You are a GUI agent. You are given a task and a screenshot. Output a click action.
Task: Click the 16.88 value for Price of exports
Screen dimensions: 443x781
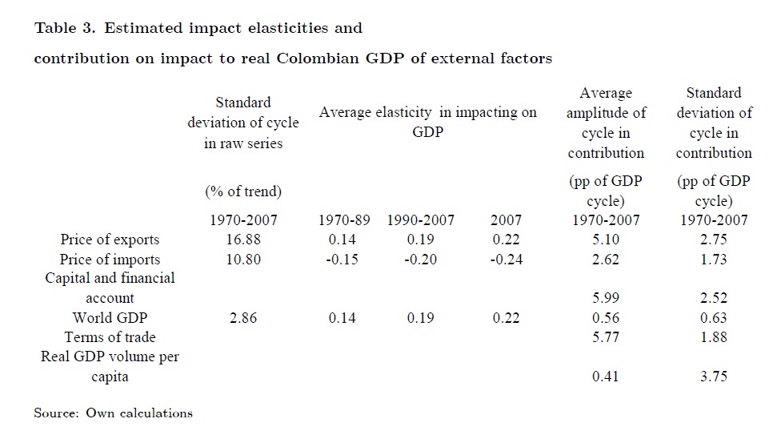point(243,240)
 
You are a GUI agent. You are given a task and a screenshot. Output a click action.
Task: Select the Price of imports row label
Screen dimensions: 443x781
point(110,260)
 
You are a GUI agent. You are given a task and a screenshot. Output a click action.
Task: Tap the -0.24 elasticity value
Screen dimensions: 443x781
point(505,260)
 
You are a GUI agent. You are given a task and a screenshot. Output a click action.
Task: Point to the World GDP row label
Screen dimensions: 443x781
point(110,318)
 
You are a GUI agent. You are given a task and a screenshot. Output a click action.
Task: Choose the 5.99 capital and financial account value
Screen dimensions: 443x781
point(606,298)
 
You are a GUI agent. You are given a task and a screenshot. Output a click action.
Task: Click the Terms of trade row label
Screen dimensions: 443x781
point(110,337)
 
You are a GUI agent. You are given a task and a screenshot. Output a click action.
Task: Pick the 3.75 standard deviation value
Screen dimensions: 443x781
point(713,377)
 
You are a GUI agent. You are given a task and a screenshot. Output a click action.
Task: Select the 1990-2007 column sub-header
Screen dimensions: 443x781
point(421,220)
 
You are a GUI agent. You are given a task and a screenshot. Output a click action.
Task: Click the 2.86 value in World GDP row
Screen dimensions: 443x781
point(243,318)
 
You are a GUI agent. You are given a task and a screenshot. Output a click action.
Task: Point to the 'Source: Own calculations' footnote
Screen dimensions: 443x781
point(113,413)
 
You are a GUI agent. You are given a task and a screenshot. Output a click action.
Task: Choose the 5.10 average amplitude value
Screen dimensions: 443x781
point(606,240)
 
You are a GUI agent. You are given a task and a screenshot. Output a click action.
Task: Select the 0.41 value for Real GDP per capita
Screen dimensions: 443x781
point(606,377)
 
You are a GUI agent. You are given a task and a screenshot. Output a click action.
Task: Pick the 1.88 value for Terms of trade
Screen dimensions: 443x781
point(713,337)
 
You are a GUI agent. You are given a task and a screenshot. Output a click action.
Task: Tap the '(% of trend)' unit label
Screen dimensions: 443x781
point(243,191)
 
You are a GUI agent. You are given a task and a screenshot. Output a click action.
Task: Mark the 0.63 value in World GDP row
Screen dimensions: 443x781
point(713,318)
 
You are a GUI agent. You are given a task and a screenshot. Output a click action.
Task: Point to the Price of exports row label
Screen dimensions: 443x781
point(110,240)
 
